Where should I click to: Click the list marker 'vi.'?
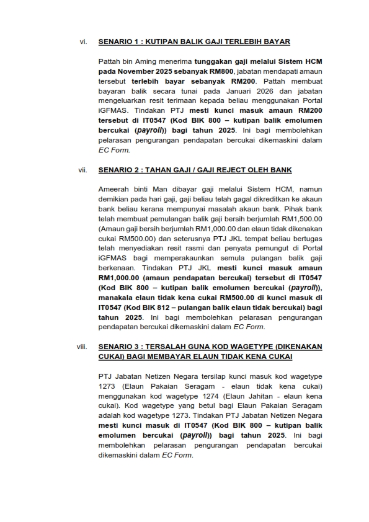click(x=83, y=42)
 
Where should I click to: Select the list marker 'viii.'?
click(x=83, y=346)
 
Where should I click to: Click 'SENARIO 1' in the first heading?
click(x=118, y=42)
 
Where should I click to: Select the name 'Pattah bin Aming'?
click(x=125, y=63)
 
